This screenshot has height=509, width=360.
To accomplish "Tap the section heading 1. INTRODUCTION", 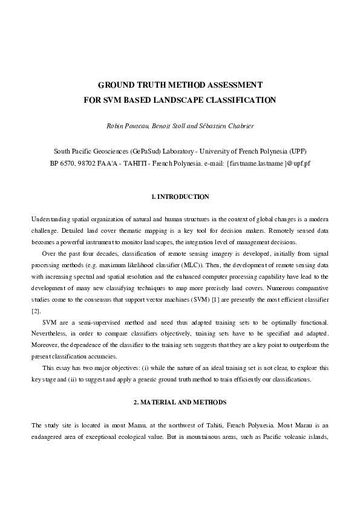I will (180, 197).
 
